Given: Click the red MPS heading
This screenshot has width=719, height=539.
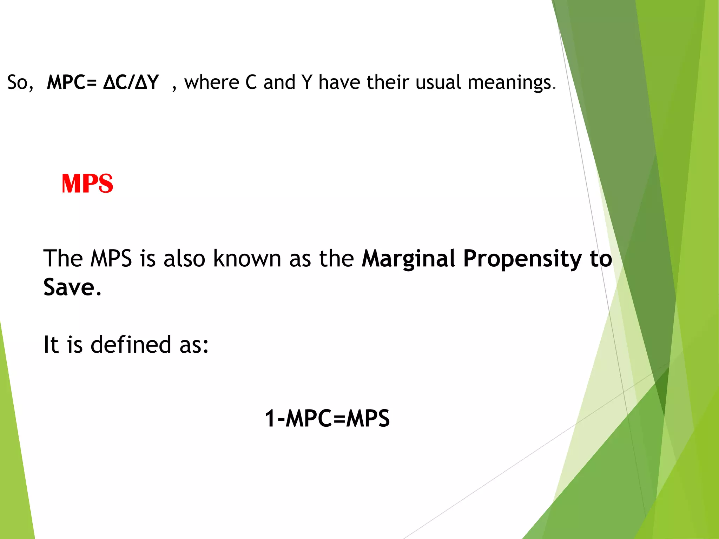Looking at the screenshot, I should coord(87,184).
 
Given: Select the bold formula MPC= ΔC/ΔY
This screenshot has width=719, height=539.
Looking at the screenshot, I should coord(103,82).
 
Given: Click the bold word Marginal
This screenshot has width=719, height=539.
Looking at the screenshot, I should coord(409,259).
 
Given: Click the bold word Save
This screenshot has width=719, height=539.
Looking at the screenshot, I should coord(69,287).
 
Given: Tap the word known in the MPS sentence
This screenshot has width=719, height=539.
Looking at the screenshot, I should coord(247,259).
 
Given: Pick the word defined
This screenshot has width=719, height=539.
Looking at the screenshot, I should coord(131,344).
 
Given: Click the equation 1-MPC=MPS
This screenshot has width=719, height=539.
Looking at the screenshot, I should coord(327,418).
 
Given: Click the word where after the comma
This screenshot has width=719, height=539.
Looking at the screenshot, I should coord(212,82).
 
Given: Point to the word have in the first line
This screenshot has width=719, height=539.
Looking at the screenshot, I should coord(339,82).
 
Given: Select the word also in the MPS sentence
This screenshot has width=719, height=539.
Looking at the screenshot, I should coord(184,259).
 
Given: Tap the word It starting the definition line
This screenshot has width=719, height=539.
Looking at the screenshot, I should coord(51,344).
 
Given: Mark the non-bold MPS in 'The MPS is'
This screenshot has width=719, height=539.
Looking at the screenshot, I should coord(111,259).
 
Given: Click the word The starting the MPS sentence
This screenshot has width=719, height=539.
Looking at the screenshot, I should coord(63,259).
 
